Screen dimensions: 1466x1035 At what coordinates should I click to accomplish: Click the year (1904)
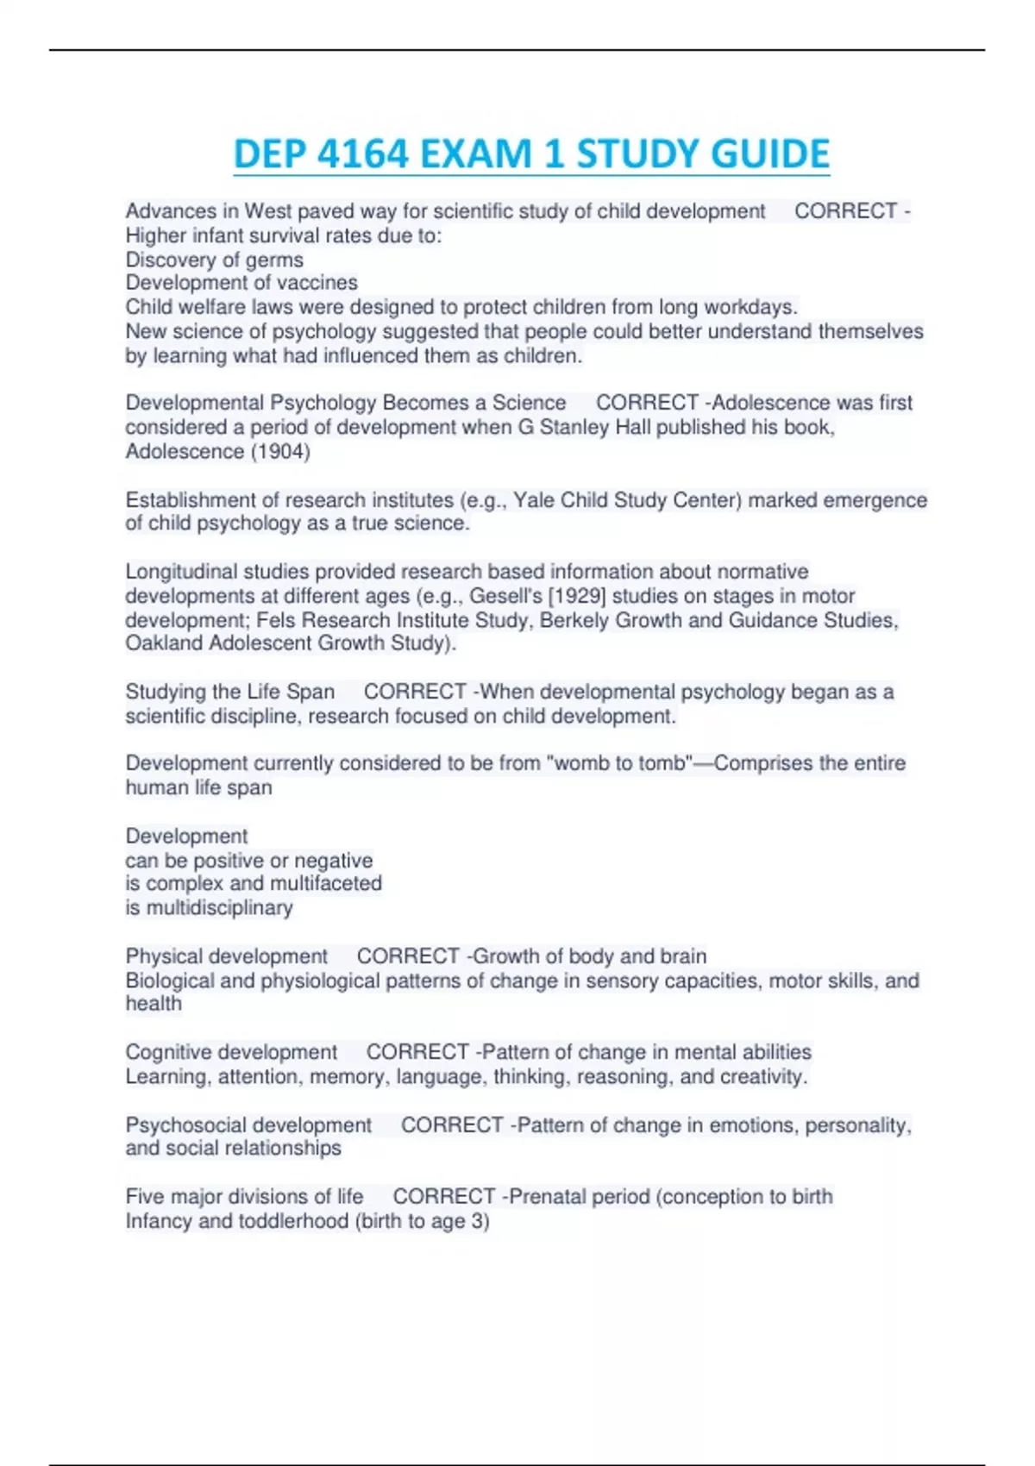point(279,451)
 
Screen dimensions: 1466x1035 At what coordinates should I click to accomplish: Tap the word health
point(154,1004)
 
